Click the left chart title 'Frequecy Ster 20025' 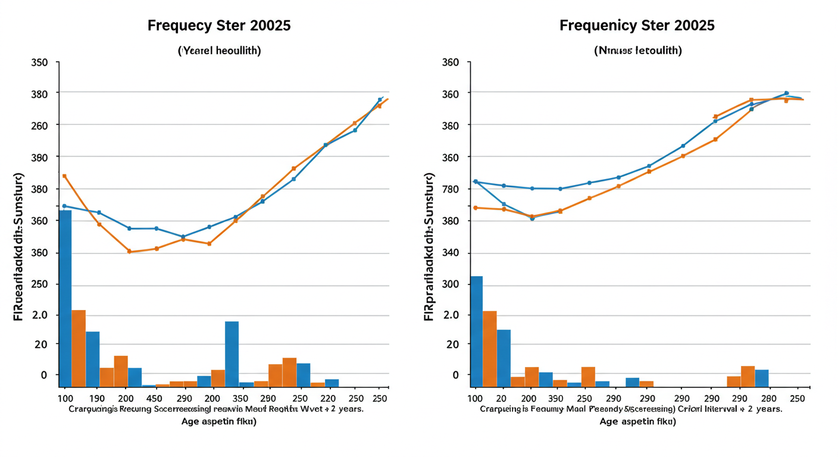click(x=220, y=26)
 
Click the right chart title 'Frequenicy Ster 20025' click(x=637, y=26)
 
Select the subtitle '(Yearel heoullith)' click(x=220, y=51)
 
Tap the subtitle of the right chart click(x=638, y=51)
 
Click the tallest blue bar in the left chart click(x=65, y=298)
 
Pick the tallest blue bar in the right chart click(x=476, y=331)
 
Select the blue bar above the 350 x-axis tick click(x=232, y=353)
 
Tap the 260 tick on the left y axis click(x=48, y=126)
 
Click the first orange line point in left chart click(x=64, y=176)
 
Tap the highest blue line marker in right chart click(x=786, y=93)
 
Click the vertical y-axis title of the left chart click(x=18, y=247)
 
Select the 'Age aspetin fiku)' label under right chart click(x=637, y=421)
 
